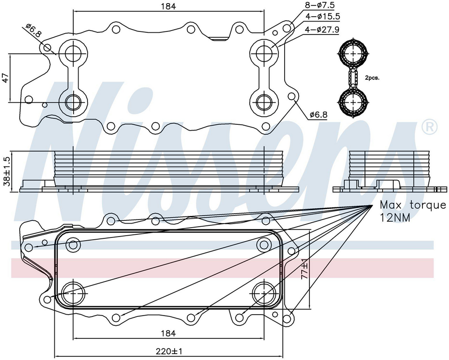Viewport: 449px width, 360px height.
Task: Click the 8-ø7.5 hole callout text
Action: [x=320, y=5]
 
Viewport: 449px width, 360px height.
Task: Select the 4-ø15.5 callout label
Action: [x=323, y=17]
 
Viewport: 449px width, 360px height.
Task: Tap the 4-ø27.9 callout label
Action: [x=322, y=29]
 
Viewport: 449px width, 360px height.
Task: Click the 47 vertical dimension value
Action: [x=5, y=78]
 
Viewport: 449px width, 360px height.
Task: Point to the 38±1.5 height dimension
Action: [x=6, y=171]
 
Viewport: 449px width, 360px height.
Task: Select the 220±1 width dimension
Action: [x=170, y=351]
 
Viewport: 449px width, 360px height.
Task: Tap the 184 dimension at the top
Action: [x=168, y=7]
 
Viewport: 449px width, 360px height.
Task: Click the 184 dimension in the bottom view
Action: [x=168, y=333]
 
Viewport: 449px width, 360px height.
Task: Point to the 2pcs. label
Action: [x=372, y=78]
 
